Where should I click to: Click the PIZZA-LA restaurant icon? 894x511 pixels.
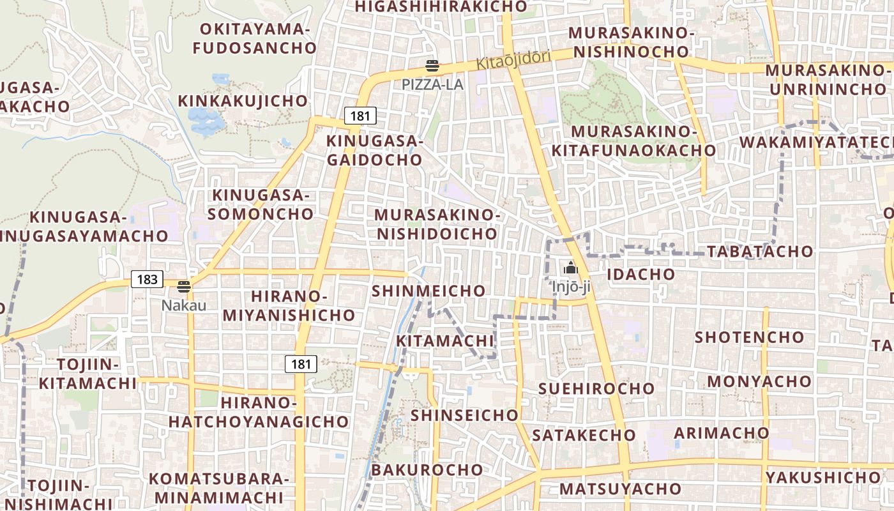point(432,66)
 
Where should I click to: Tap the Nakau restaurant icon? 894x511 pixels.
point(184,287)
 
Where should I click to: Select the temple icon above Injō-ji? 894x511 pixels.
point(571,268)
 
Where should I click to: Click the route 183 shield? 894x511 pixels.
point(147,279)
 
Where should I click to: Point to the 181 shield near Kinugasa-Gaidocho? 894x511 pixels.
point(360,116)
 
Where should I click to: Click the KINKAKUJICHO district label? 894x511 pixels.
point(243,101)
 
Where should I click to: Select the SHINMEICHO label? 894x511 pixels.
point(428,291)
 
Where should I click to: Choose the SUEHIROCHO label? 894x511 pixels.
point(596,388)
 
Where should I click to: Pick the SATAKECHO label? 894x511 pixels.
point(584,435)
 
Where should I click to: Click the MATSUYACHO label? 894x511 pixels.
point(620,489)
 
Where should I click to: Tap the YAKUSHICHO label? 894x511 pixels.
point(823,477)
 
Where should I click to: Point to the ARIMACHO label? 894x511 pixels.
point(722,432)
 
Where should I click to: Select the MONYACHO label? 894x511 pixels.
point(759,381)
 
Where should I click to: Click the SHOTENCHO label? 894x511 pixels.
point(749,337)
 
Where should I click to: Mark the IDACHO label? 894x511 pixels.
point(640,274)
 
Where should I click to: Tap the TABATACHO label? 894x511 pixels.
point(760,251)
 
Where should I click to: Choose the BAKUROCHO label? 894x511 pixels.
point(427,469)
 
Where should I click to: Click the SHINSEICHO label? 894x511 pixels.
point(464,415)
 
